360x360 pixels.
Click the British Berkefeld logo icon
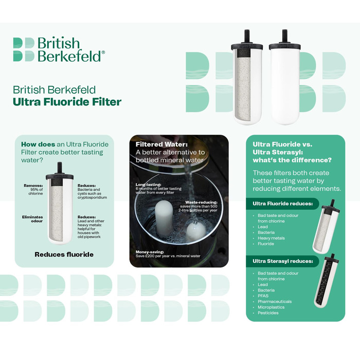(24, 49)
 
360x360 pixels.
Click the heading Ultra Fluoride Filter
(67, 101)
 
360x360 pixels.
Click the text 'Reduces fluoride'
(64, 254)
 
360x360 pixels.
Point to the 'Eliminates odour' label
(33, 219)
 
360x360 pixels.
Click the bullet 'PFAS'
(263, 296)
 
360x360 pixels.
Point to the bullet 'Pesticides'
(268, 313)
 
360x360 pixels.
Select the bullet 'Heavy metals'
(271, 238)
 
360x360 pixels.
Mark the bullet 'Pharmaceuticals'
(275, 301)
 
